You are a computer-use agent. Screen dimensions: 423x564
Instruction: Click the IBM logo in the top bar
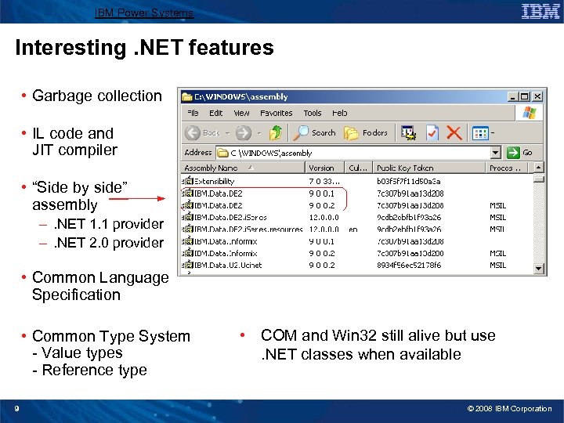pyautogui.click(x=540, y=11)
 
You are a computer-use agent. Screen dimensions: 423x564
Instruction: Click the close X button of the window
pyautogui.click(x=536, y=96)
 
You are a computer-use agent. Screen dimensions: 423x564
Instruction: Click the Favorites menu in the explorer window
pyautogui.click(x=276, y=113)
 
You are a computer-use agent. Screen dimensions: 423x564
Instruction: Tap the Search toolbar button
pyautogui.click(x=316, y=133)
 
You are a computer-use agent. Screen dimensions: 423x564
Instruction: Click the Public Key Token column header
pyautogui.click(x=405, y=168)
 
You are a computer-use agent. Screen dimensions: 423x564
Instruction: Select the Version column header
pyautogui.click(x=321, y=168)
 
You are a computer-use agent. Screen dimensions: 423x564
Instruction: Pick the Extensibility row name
pyautogui.click(x=215, y=181)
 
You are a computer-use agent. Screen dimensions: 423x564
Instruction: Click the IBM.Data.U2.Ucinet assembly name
pyautogui.click(x=228, y=266)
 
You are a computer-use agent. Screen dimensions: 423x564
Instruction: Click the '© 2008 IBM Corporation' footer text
pyautogui.click(x=508, y=409)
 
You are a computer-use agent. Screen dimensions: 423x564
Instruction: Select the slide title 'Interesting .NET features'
pyautogui.click(x=145, y=48)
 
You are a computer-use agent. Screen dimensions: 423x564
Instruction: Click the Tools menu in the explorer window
pyautogui.click(x=312, y=113)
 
